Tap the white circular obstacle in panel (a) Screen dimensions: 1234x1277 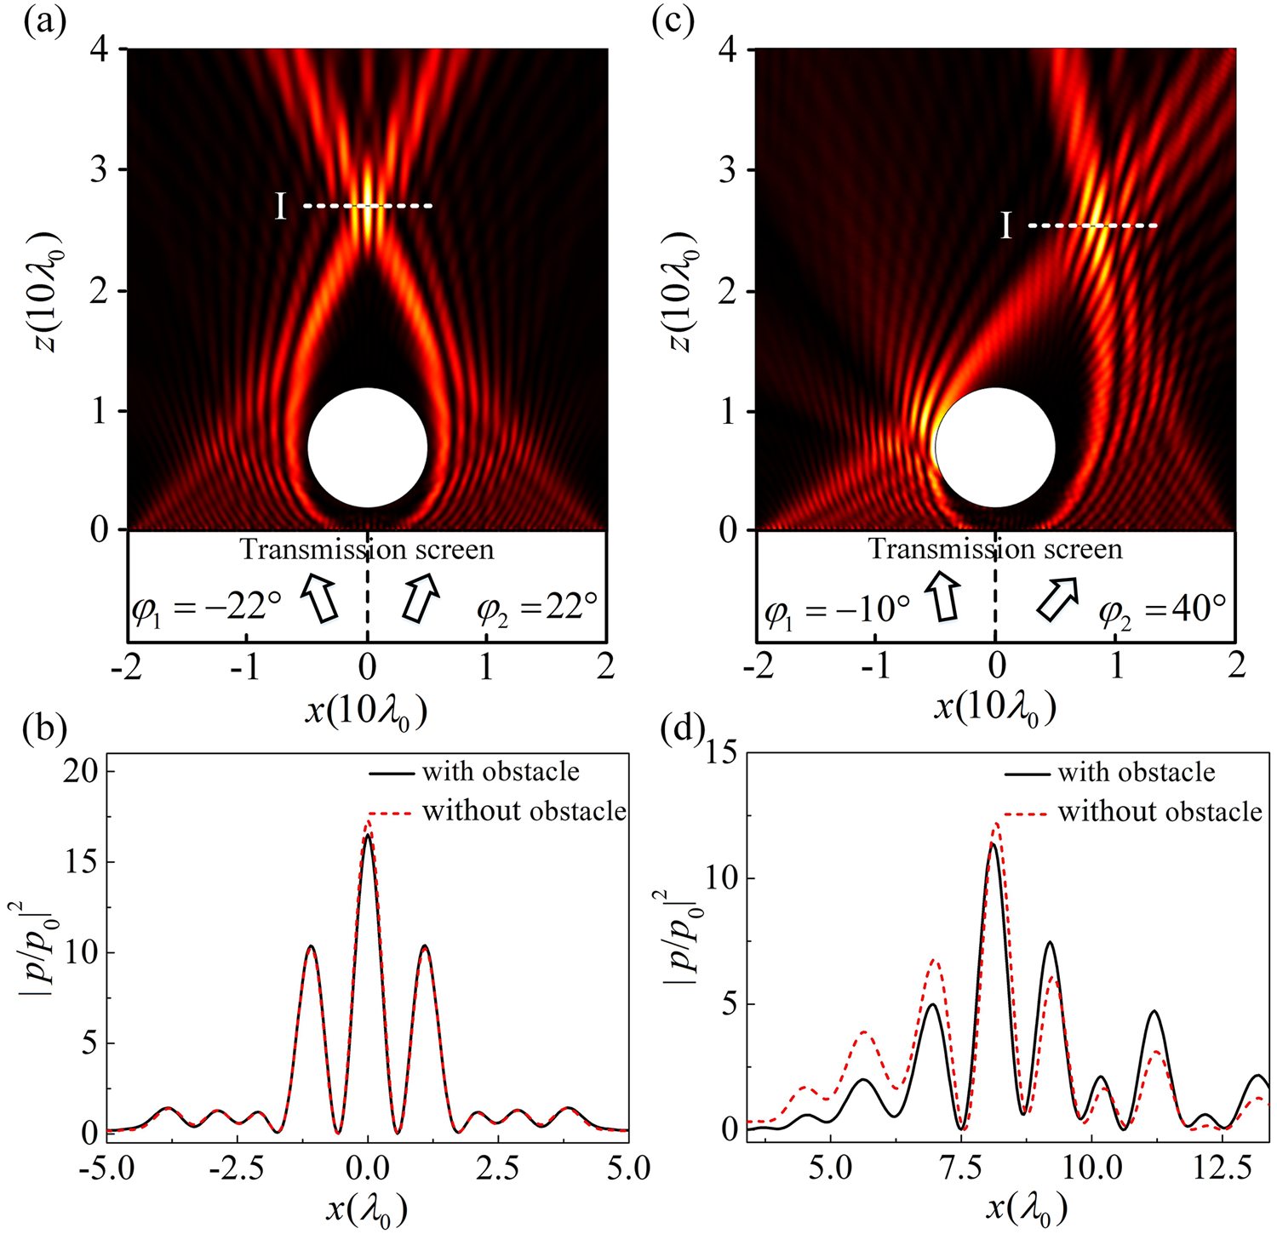[x=367, y=448]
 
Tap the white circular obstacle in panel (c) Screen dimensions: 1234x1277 [x=995, y=448]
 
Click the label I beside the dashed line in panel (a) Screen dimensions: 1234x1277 [x=281, y=207]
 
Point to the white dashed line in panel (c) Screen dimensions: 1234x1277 [x=1092, y=226]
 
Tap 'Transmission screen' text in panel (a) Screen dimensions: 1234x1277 [x=367, y=550]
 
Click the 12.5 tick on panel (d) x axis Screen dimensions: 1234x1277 [x=1191, y=1168]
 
